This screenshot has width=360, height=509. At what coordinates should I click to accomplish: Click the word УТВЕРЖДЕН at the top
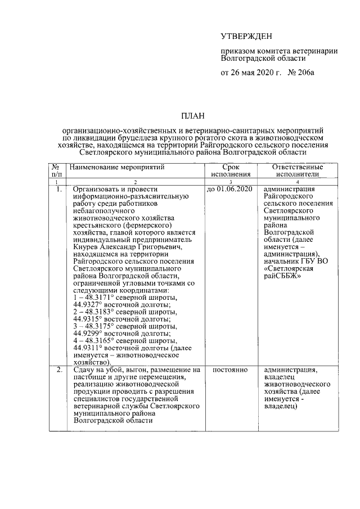click(246, 37)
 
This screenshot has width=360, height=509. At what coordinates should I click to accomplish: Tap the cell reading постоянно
click(231, 370)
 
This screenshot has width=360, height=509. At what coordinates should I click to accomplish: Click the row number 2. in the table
click(56, 370)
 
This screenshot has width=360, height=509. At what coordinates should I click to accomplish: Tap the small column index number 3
click(231, 182)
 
